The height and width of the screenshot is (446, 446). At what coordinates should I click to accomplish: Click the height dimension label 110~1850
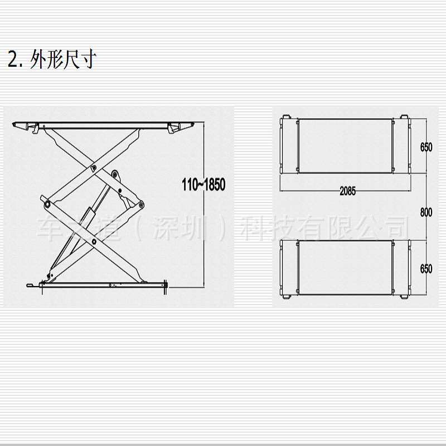[x=204, y=185]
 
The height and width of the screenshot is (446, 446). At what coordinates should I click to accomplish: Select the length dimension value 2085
[x=348, y=191]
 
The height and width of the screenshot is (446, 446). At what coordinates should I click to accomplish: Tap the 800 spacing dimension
[x=426, y=212]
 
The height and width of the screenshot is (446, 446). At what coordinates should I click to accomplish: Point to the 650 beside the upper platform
[x=426, y=147]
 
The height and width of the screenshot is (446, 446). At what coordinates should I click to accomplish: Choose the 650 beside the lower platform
[x=426, y=268]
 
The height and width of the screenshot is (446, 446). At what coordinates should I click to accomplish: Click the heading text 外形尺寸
[x=64, y=59]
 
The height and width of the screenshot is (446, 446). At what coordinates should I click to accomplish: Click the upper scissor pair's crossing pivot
[x=94, y=166]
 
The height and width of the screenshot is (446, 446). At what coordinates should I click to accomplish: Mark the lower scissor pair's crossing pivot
[x=94, y=241]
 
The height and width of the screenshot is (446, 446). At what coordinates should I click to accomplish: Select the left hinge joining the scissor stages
[x=48, y=205]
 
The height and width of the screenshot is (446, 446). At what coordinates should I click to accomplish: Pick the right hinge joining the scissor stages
[x=139, y=205]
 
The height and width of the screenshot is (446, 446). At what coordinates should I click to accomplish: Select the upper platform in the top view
[x=346, y=144]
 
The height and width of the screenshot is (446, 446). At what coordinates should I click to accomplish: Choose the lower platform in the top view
[x=346, y=268]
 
